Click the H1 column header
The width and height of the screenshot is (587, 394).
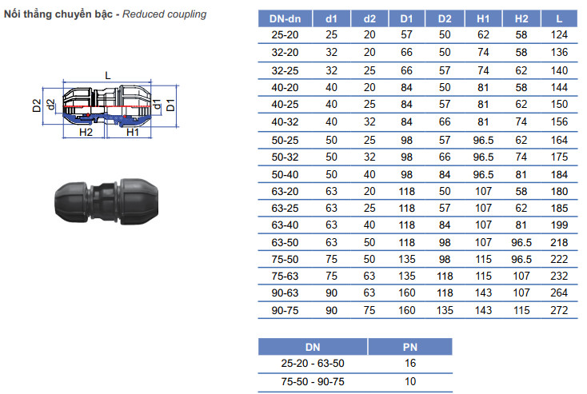(483, 18)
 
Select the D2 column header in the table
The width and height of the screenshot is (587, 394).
(445, 18)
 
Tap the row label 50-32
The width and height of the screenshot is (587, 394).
(285, 157)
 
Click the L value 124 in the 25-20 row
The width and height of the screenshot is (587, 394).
(559, 35)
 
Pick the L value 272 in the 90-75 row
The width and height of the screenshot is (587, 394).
(559, 310)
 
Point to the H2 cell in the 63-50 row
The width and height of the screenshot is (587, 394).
(521, 242)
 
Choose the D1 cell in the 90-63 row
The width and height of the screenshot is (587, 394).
(406, 293)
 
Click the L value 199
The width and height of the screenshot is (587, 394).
(559, 225)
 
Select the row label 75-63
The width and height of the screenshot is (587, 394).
(285, 277)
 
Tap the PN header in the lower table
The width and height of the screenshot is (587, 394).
(410, 347)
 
